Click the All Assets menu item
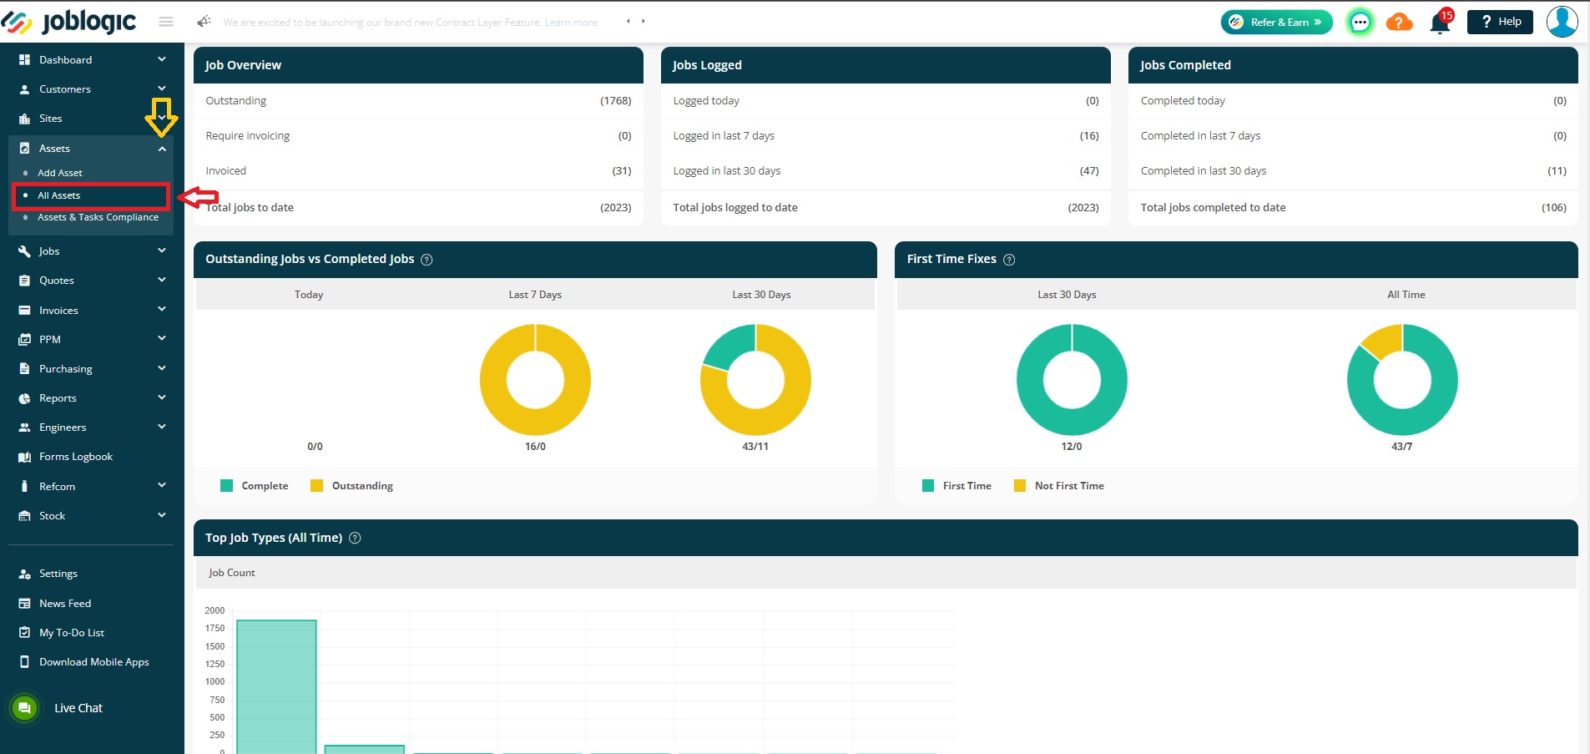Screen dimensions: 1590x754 click(58, 195)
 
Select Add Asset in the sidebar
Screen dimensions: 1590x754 click(60, 173)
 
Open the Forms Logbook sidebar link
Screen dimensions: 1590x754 click(75, 457)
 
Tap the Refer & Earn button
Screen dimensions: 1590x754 click(1276, 22)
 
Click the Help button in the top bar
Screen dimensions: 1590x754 click(1500, 22)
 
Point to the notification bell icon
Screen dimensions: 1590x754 click(1440, 23)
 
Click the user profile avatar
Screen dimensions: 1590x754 click(1562, 22)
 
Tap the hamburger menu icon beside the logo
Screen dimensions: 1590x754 click(166, 22)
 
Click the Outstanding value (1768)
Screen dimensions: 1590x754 click(615, 101)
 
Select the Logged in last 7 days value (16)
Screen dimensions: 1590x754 click(1089, 136)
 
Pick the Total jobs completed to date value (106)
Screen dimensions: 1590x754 click(1553, 208)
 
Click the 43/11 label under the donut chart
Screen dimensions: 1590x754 click(755, 447)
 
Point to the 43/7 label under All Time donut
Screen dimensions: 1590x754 click(1402, 447)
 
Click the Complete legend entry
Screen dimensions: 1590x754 click(255, 486)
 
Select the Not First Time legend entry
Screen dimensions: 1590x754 click(1059, 486)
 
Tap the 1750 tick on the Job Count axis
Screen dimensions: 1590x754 click(215, 628)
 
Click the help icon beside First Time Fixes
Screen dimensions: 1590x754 click(1009, 260)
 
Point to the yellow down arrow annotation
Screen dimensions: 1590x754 click(161, 117)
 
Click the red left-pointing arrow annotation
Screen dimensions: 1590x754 click(199, 197)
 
